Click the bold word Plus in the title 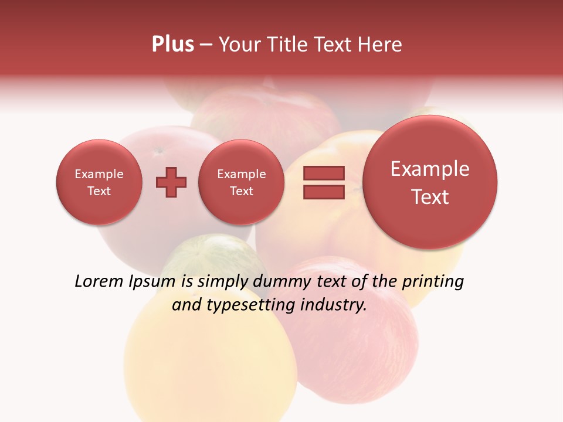click(172, 45)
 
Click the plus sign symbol click(171, 182)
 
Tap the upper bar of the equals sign click(324, 173)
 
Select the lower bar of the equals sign click(324, 192)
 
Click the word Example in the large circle click(430, 169)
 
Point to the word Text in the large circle click(430, 197)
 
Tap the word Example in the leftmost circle click(99, 174)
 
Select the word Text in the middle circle click(241, 191)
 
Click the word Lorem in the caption click(99, 281)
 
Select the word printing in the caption click(433, 282)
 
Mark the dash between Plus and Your click(206, 45)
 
